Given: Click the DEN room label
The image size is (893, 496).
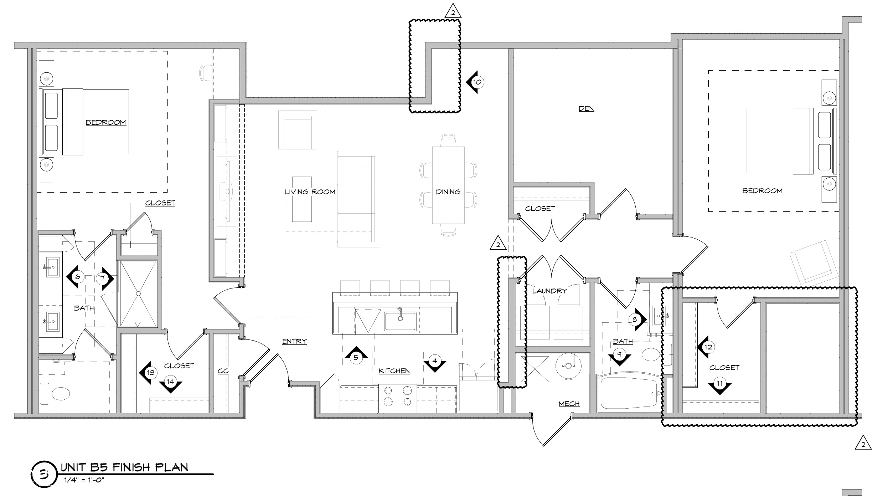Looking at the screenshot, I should tap(586, 108).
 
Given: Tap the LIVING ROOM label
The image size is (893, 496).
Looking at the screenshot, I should tap(310, 192).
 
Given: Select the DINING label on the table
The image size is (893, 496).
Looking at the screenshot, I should tap(448, 192).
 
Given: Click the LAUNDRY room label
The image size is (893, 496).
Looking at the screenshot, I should tap(549, 291).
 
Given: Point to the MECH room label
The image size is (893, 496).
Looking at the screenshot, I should tap(569, 404).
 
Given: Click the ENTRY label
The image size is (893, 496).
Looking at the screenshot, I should tap(294, 341).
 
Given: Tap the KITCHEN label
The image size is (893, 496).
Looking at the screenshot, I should tap(394, 371).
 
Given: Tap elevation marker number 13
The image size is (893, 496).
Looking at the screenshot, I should tap(150, 373).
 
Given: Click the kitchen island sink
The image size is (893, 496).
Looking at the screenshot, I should tap(400, 321).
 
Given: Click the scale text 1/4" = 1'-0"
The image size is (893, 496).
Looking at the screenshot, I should tap(84, 480).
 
